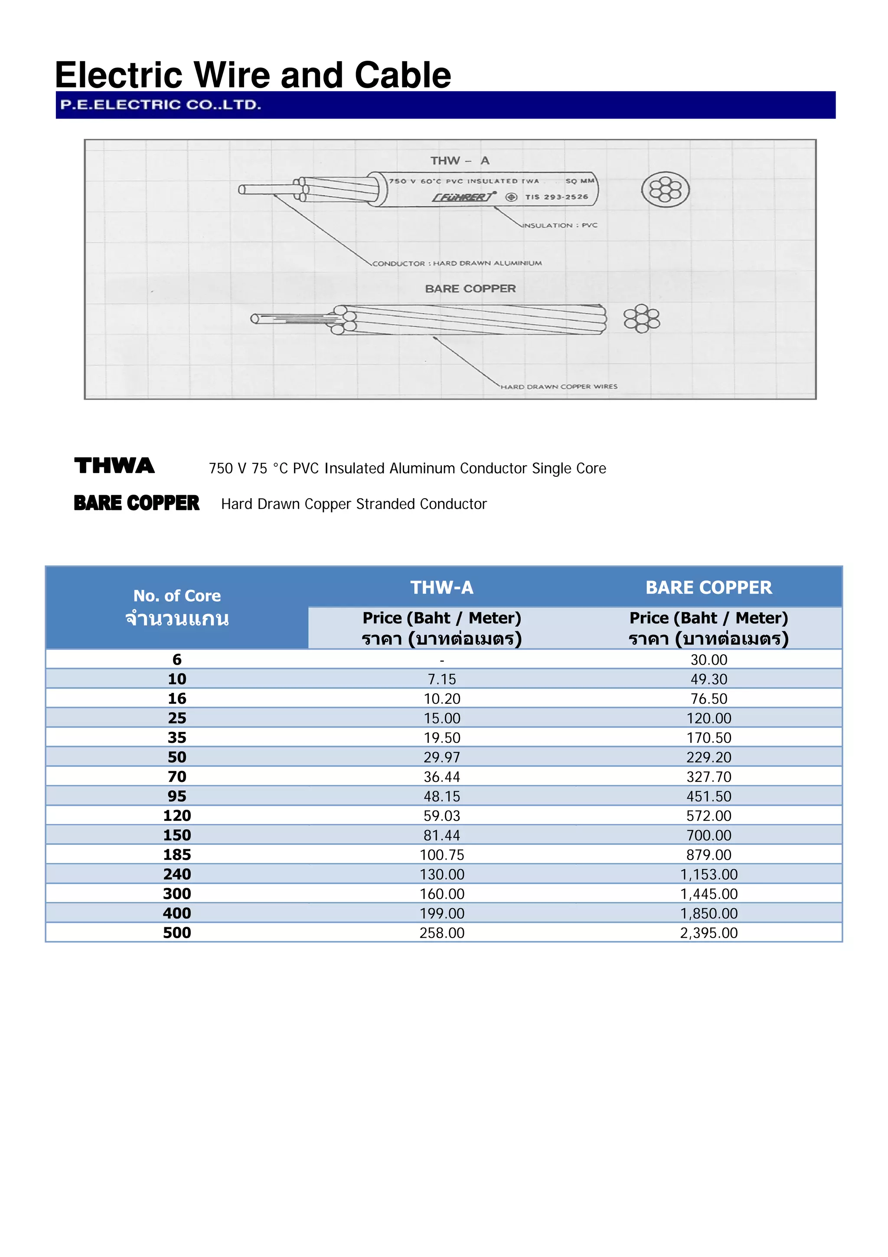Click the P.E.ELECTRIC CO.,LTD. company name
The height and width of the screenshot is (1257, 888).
(x=160, y=105)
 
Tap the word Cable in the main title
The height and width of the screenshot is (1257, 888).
(x=403, y=75)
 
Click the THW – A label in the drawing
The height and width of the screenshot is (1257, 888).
(x=460, y=161)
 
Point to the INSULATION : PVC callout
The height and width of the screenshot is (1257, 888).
(x=560, y=225)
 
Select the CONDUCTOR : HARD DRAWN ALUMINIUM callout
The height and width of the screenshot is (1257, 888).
(x=457, y=263)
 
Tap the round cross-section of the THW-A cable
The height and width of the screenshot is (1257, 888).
(x=665, y=190)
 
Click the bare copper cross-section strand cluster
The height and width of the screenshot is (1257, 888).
(x=642, y=318)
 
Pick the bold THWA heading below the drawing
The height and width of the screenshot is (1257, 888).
(x=114, y=466)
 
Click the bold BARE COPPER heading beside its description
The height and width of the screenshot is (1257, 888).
(x=136, y=503)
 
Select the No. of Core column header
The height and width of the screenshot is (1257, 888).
(x=177, y=596)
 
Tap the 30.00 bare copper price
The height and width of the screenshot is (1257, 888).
(x=708, y=660)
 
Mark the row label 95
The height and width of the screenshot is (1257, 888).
(x=177, y=796)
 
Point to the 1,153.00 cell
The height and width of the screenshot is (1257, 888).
(x=708, y=874)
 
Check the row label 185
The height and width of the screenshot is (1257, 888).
(x=177, y=855)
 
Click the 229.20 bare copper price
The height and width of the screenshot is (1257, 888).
(x=708, y=757)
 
